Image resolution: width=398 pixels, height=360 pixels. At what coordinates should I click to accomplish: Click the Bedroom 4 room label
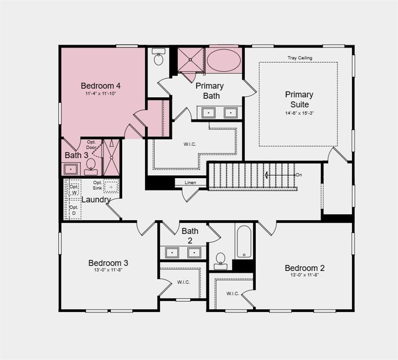[x=101, y=86]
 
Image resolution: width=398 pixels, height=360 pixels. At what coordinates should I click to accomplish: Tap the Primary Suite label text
[x=299, y=99]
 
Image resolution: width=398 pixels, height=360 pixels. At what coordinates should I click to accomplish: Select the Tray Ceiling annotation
[x=300, y=58]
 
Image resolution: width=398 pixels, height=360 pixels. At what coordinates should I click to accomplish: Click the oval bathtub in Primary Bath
[x=224, y=60]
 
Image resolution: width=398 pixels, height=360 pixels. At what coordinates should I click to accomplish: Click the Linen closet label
[x=190, y=182]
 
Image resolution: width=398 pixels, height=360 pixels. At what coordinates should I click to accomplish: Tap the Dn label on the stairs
[x=299, y=175]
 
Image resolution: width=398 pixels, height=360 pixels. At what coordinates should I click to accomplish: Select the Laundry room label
[x=96, y=200]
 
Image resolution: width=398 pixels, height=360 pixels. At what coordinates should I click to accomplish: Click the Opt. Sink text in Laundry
[x=97, y=185]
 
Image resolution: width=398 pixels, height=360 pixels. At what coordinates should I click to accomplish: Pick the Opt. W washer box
[x=74, y=189]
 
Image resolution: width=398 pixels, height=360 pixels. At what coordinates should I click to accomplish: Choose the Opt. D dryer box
[x=74, y=210]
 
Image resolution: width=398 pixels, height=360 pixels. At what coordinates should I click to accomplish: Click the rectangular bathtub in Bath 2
[x=244, y=242]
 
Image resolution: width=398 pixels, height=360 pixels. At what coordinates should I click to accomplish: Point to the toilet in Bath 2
[x=220, y=260]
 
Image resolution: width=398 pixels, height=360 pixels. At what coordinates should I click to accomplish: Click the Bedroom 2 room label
[x=304, y=268]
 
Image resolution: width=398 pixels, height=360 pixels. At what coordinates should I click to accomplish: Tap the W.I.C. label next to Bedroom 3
[x=183, y=282]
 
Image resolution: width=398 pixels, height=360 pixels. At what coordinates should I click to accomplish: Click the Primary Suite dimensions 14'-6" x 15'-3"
[x=299, y=112]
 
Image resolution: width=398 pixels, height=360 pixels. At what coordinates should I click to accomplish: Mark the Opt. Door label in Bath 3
[x=91, y=145]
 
